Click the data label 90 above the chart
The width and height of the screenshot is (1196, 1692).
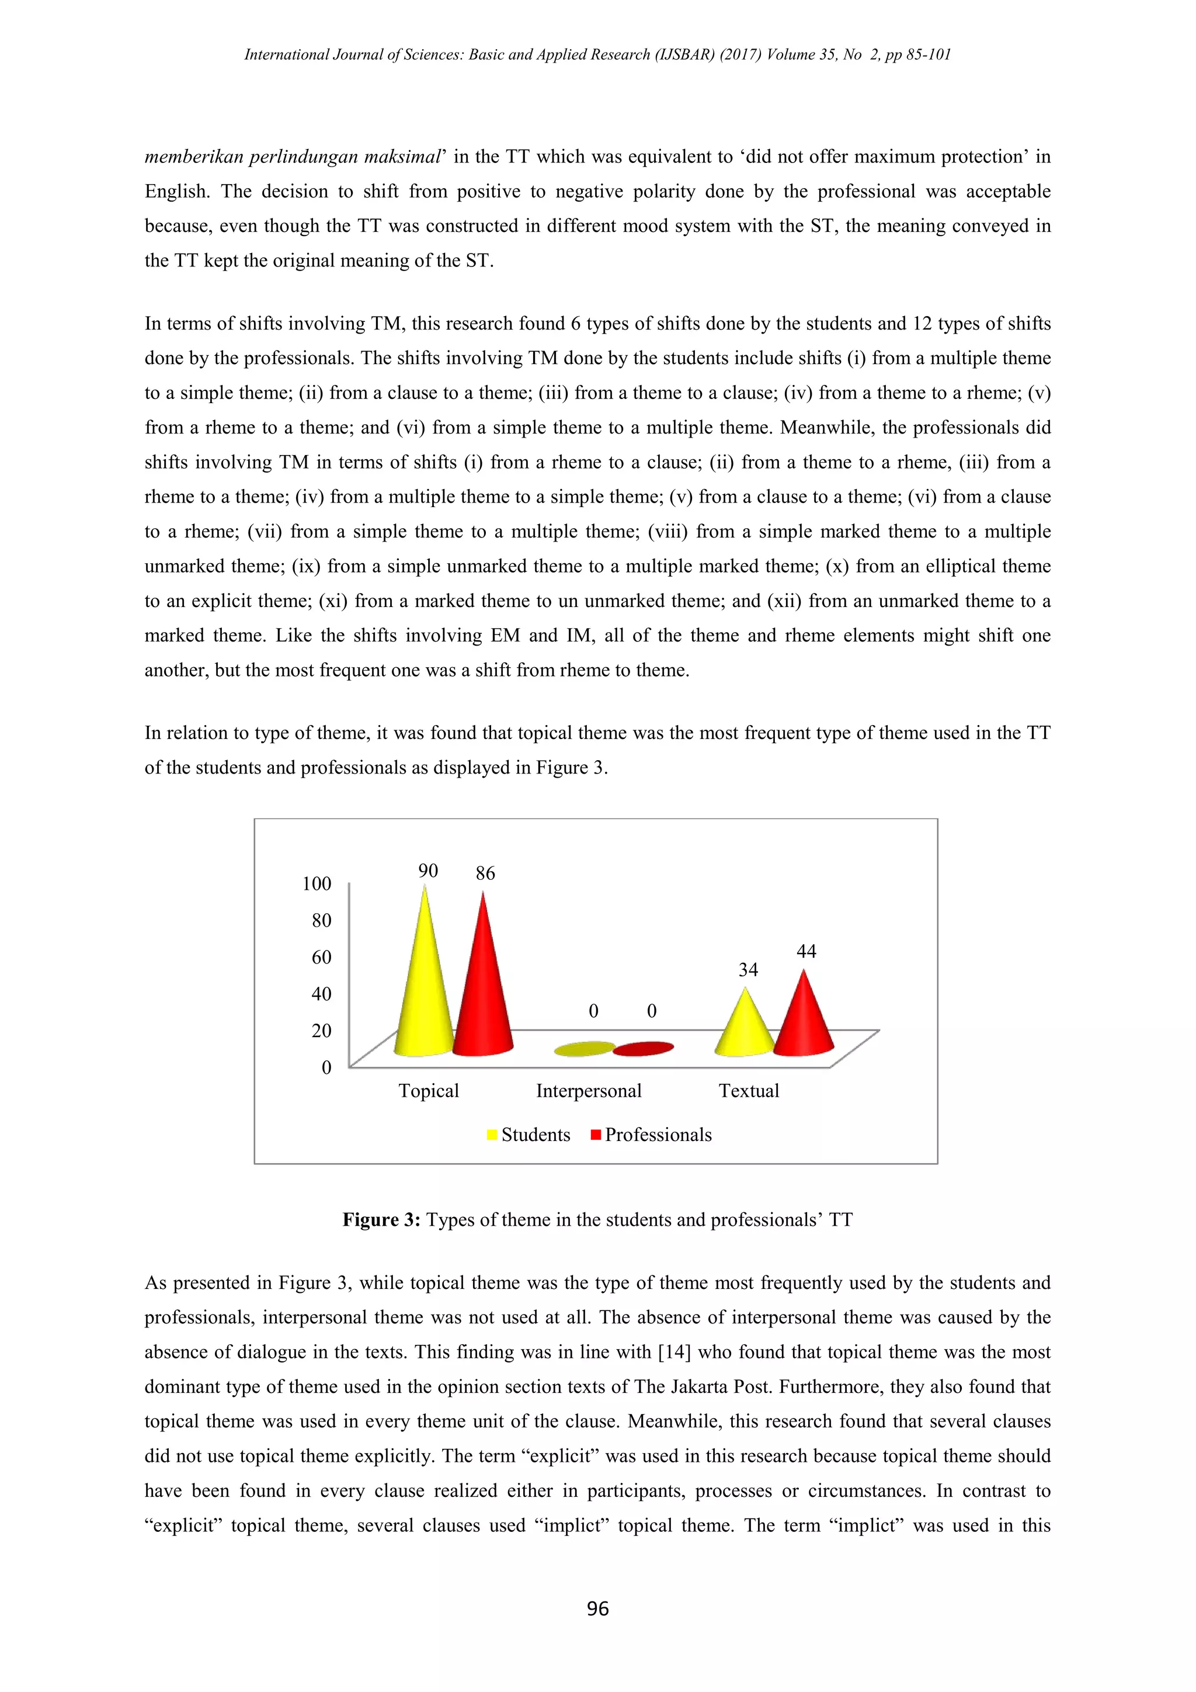(x=428, y=871)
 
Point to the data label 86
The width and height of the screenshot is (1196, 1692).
(x=485, y=873)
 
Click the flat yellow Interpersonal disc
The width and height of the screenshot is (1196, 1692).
(x=585, y=1049)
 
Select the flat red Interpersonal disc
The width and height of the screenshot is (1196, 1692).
(x=644, y=1049)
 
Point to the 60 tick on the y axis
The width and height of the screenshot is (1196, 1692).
(x=321, y=957)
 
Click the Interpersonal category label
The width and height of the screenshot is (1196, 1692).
(x=589, y=1091)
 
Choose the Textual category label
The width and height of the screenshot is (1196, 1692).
(x=748, y=1091)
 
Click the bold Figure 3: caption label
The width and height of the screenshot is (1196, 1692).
(x=381, y=1219)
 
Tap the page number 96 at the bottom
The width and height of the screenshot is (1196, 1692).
(x=597, y=1608)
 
